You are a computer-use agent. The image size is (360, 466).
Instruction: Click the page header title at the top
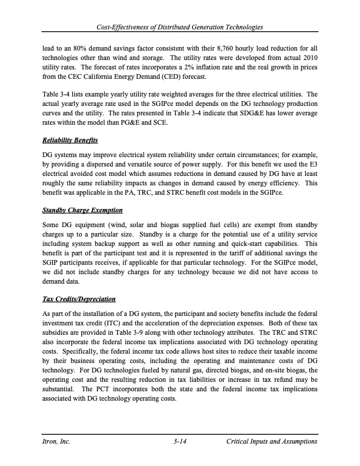click(x=180, y=28)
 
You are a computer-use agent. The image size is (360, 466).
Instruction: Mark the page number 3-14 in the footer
click(x=180, y=441)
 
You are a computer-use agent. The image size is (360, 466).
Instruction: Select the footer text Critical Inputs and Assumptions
click(x=272, y=441)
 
